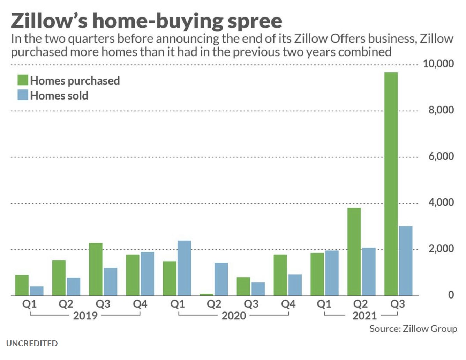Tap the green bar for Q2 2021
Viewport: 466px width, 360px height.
(x=354, y=252)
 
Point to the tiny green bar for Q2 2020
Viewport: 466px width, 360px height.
(x=206, y=295)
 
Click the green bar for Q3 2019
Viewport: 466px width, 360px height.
(x=96, y=269)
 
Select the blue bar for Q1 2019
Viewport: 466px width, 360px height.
(x=37, y=291)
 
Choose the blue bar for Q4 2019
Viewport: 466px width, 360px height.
(x=147, y=274)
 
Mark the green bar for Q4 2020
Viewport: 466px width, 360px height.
(x=280, y=275)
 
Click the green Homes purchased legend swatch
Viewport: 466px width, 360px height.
(x=23, y=80)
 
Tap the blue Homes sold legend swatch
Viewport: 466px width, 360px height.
(x=23, y=95)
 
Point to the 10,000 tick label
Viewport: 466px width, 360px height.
(x=438, y=64)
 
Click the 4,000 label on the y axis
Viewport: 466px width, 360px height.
(x=441, y=203)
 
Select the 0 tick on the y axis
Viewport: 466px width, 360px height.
(x=451, y=295)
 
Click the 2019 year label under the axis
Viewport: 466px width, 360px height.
(x=85, y=316)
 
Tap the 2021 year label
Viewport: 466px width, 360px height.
(x=364, y=316)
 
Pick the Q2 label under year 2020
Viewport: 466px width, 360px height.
(x=214, y=304)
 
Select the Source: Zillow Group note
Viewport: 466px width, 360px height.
(x=413, y=329)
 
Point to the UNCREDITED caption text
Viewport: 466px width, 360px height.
(x=32, y=344)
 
